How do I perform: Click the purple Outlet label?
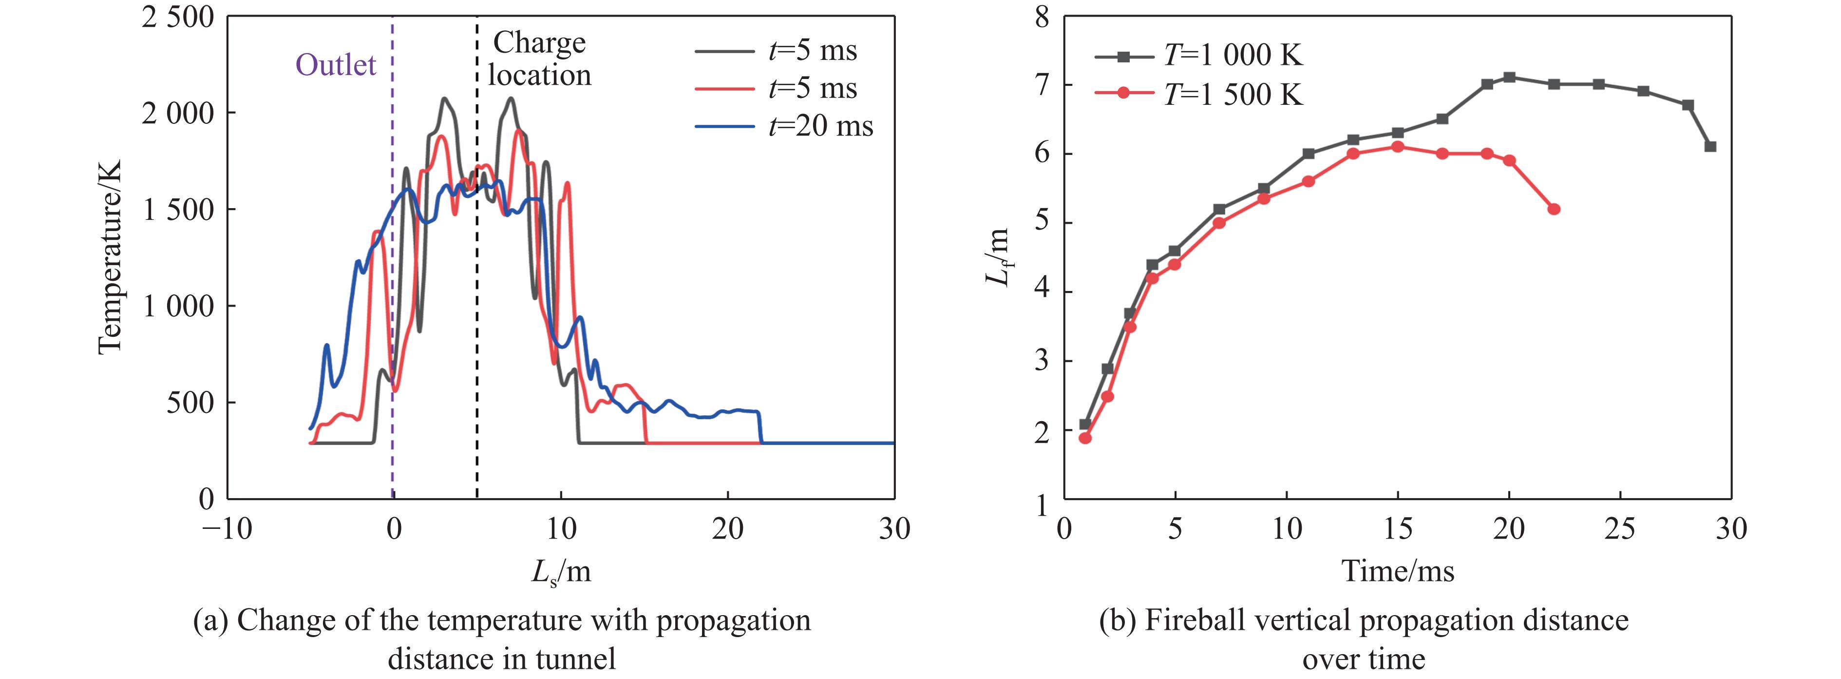click(x=335, y=65)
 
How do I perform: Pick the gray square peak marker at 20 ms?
click(x=1509, y=77)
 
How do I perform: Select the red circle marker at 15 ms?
click(x=1398, y=147)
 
